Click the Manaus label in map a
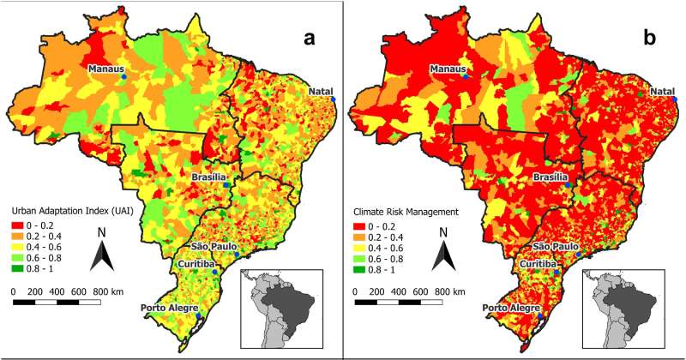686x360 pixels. [x=106, y=69]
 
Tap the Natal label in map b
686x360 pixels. [x=663, y=92]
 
